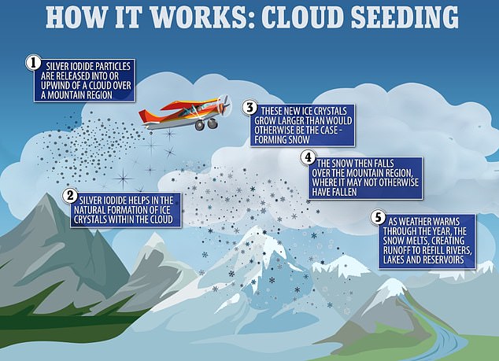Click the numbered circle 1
click(x=33, y=63)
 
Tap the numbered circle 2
click(x=70, y=196)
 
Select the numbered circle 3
click(x=249, y=108)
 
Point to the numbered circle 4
click(x=308, y=158)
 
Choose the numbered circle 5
click(x=379, y=218)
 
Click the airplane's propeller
click(x=226, y=105)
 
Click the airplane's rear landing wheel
click(x=200, y=125)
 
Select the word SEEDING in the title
click(x=405, y=17)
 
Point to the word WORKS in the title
click(x=198, y=17)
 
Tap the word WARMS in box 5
click(x=447, y=221)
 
